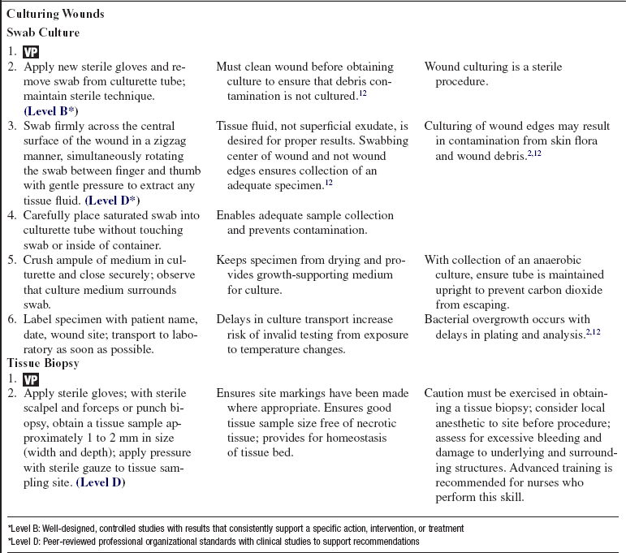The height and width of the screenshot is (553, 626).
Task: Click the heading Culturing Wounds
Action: tap(55, 15)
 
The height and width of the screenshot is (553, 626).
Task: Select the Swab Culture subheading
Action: tap(43, 32)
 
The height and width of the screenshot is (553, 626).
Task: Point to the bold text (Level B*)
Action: tap(51, 110)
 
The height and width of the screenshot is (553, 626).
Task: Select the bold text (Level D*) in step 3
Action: tap(112, 200)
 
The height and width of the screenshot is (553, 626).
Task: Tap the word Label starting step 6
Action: tap(38, 318)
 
